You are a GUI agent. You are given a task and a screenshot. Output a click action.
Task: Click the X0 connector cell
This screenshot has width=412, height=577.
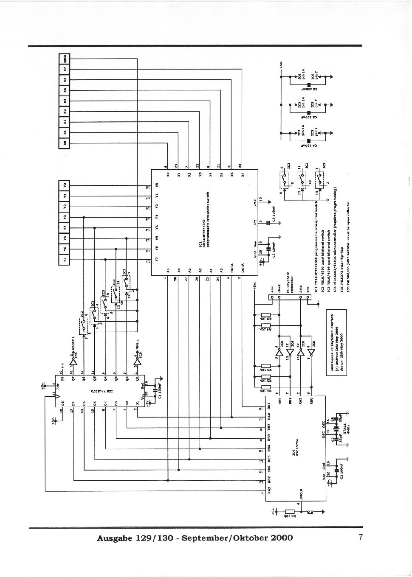pos(65,143)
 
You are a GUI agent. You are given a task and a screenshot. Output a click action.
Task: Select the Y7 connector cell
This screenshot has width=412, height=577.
pos(65,260)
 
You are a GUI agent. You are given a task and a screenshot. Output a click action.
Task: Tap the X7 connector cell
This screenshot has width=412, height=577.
pos(65,69)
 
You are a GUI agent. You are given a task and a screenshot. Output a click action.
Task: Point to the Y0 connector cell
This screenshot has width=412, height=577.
pos(65,185)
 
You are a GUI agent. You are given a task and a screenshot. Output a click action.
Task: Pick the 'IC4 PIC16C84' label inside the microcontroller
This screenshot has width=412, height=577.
pos(293,455)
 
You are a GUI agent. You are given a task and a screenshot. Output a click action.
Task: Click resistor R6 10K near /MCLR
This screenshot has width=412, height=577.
pos(290,512)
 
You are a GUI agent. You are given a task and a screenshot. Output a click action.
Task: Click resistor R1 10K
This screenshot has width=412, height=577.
pos(266,387)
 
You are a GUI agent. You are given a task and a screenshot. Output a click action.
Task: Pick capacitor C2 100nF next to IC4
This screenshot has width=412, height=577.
pos(337,470)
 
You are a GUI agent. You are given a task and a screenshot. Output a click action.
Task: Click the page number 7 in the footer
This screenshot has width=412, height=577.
pos(360,538)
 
